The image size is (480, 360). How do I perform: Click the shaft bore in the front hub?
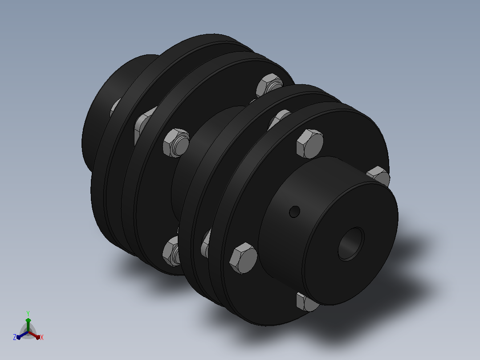[351, 244]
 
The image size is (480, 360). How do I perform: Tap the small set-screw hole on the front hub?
[294, 212]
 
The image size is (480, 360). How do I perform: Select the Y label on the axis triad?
[28, 313]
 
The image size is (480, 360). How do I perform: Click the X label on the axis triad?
[42, 337]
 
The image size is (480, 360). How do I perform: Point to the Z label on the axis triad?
[15, 337]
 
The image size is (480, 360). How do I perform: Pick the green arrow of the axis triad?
[28, 324]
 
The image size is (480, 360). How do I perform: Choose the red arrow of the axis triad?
[34, 335]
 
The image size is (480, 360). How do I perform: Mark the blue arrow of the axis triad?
[22, 335]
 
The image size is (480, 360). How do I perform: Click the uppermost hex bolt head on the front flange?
[310, 144]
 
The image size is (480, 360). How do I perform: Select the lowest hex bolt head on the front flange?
[306, 302]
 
